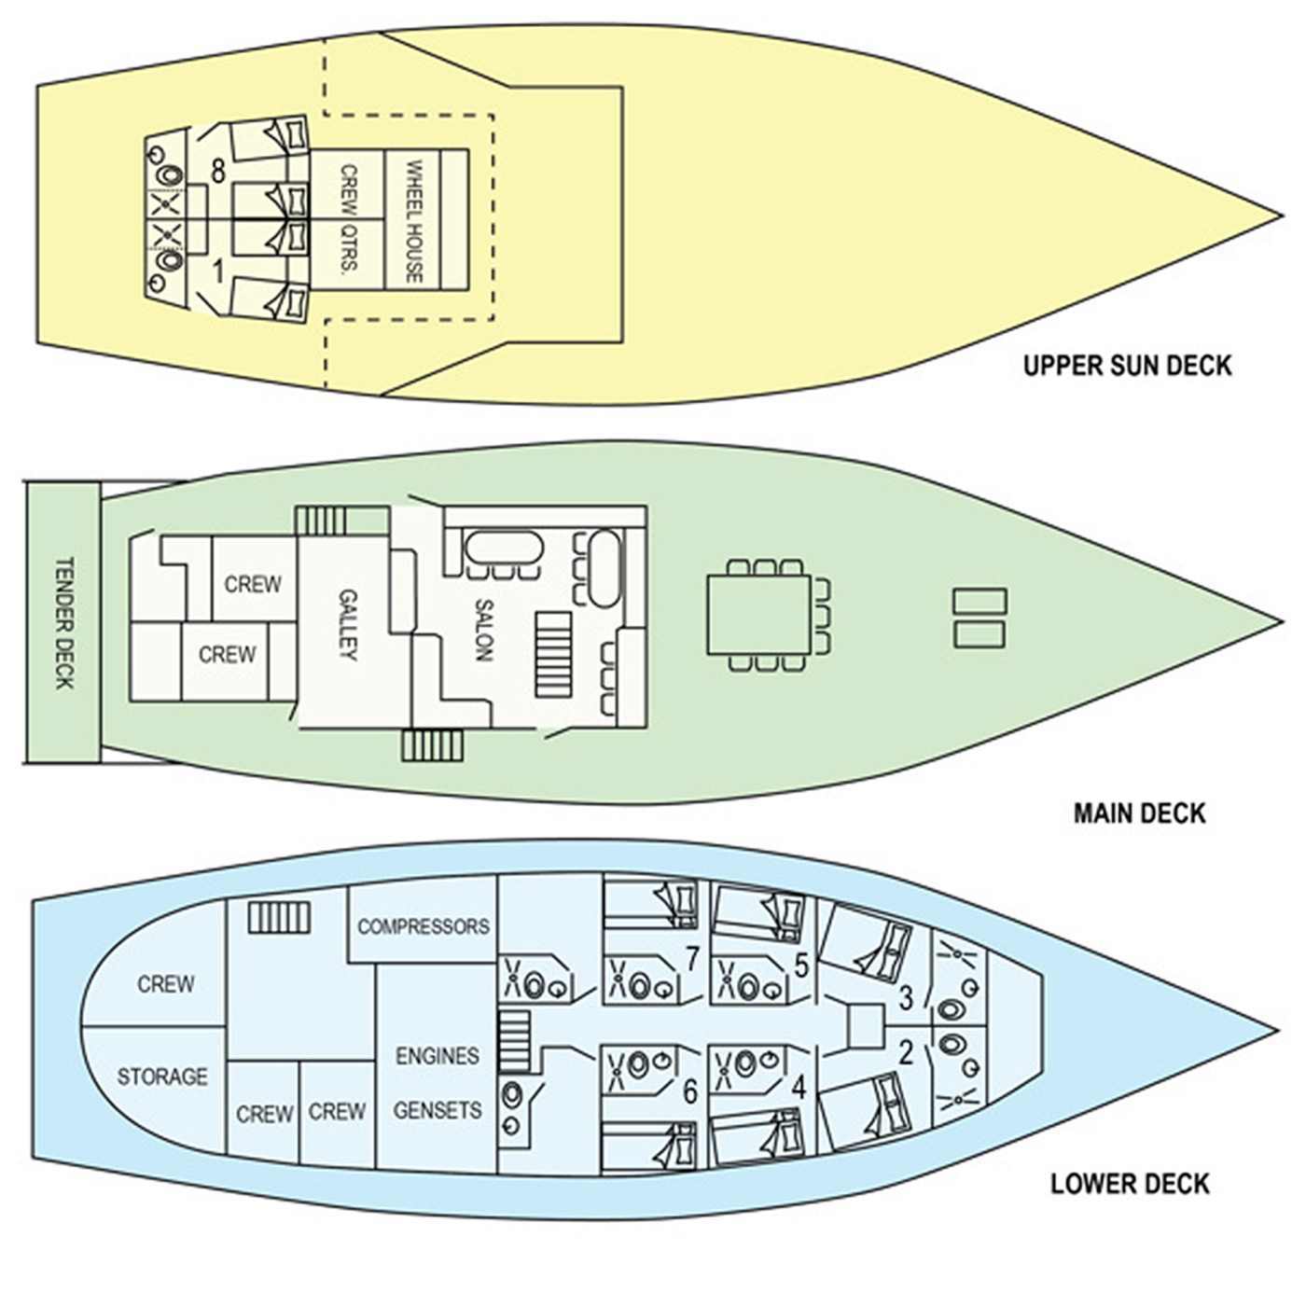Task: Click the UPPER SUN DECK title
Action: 1126,366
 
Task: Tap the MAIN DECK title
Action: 1139,813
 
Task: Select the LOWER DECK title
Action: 1130,1184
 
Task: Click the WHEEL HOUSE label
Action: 413,221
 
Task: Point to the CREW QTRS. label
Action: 348,220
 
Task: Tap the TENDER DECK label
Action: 63,623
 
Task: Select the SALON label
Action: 483,630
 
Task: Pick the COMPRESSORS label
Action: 424,926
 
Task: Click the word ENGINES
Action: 438,1055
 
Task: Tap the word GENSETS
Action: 438,1110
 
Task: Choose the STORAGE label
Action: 162,1077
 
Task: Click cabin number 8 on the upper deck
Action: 217,173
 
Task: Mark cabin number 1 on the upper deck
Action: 217,271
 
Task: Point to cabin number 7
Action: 692,958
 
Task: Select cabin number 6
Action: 690,1091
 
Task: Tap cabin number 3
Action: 906,997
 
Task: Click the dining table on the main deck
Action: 758,615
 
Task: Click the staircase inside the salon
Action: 553,654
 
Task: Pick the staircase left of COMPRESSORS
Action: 279,918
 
